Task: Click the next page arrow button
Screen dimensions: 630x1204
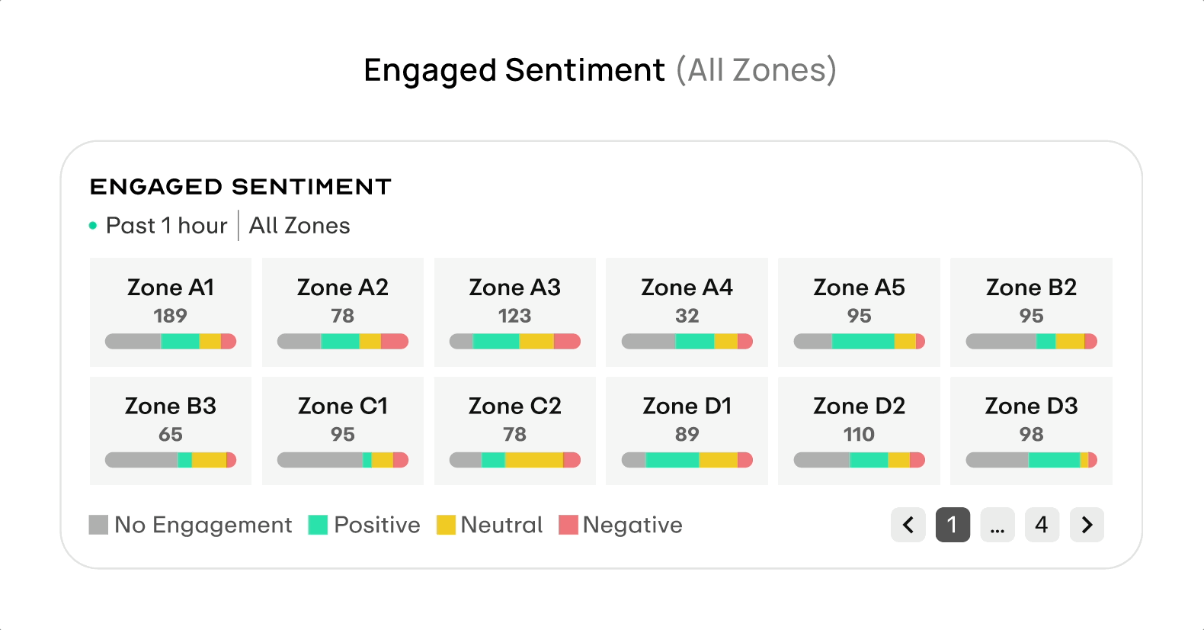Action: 1087,525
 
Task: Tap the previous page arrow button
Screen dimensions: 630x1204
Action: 908,525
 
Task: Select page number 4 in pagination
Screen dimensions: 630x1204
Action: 1042,525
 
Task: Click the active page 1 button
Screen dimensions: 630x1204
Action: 953,525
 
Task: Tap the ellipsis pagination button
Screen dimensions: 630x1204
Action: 997,525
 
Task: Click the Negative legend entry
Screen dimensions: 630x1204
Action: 621,525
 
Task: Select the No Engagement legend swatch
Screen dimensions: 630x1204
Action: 98,525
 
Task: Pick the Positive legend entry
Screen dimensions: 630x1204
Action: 364,525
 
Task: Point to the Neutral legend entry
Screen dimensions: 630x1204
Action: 489,525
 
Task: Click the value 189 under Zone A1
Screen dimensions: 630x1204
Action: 170,316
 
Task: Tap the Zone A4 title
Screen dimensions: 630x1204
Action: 687,288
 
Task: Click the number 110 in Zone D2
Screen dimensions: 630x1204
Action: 859,434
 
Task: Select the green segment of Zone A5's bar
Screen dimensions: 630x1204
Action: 863,341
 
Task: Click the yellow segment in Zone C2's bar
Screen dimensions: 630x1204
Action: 533,460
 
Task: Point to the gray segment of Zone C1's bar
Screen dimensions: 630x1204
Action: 319,460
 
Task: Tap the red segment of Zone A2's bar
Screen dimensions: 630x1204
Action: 394,341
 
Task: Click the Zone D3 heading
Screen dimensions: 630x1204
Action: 1031,406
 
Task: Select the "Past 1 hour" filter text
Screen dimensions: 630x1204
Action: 166,226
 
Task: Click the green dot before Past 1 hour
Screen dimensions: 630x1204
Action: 93,226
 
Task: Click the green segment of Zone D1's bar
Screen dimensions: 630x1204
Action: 672,460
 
